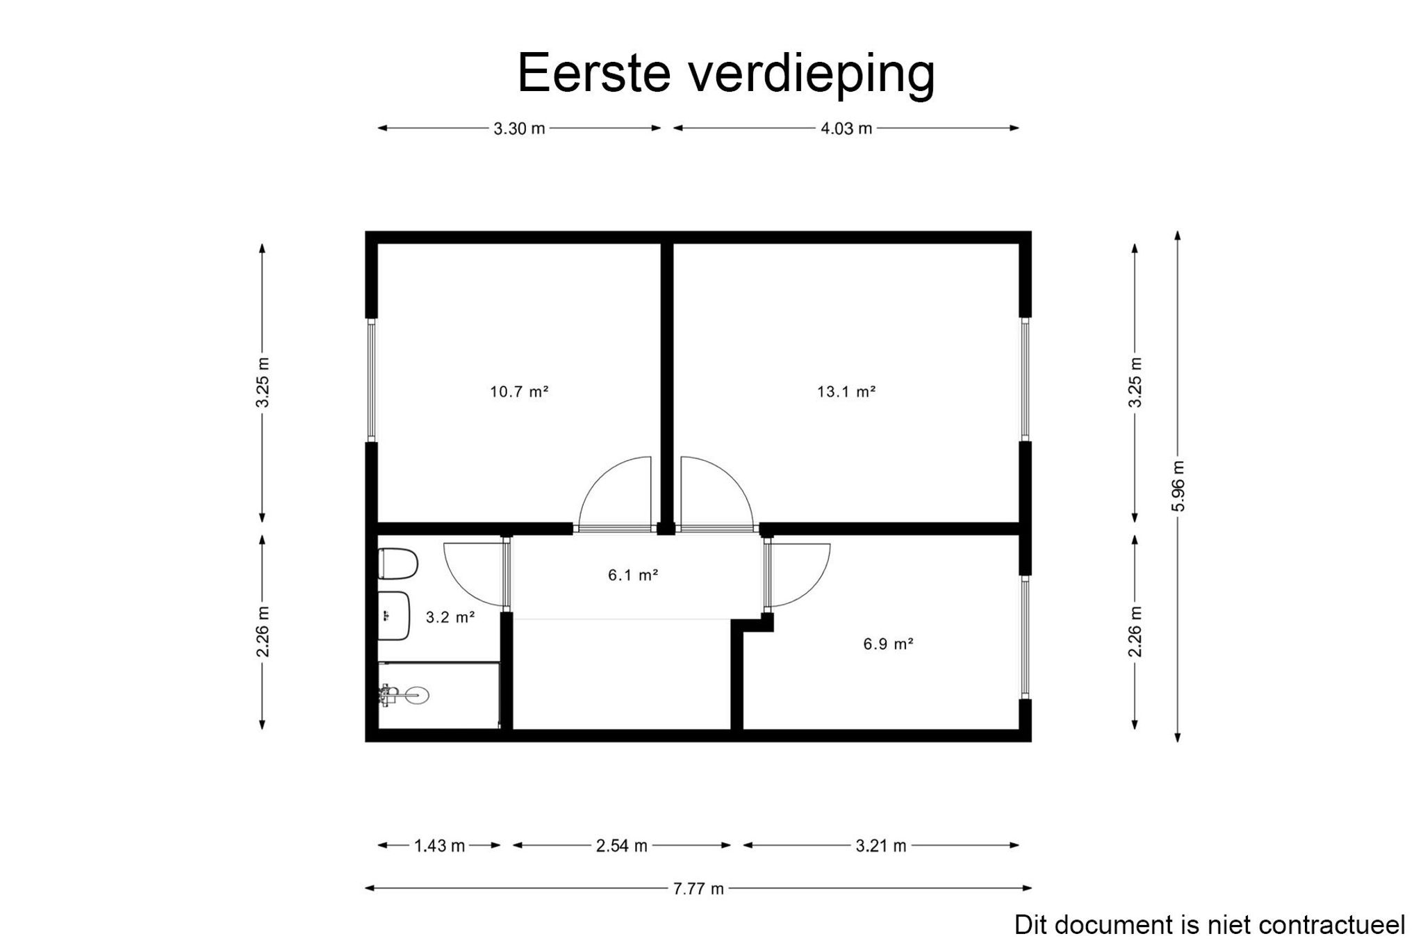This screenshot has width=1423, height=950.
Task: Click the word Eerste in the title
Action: tap(594, 72)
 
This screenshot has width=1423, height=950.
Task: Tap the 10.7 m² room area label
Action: tap(519, 391)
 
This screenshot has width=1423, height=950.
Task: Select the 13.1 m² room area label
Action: tap(846, 391)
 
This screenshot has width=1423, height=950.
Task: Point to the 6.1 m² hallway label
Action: tap(633, 575)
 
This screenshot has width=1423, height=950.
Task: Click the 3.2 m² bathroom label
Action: tap(450, 616)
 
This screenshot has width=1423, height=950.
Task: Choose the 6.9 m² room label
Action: tap(888, 644)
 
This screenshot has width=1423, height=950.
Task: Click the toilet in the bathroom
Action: tap(397, 564)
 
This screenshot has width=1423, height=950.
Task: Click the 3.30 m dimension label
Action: tap(519, 129)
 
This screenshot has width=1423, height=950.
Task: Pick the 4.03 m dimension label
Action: tap(846, 129)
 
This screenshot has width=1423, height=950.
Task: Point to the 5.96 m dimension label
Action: tap(1178, 486)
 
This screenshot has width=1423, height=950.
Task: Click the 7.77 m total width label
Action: tap(698, 888)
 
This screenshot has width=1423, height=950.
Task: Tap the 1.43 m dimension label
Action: tap(439, 846)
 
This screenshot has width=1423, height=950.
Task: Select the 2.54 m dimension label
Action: tap(621, 846)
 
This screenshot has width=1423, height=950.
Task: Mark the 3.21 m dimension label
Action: tap(880, 846)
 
